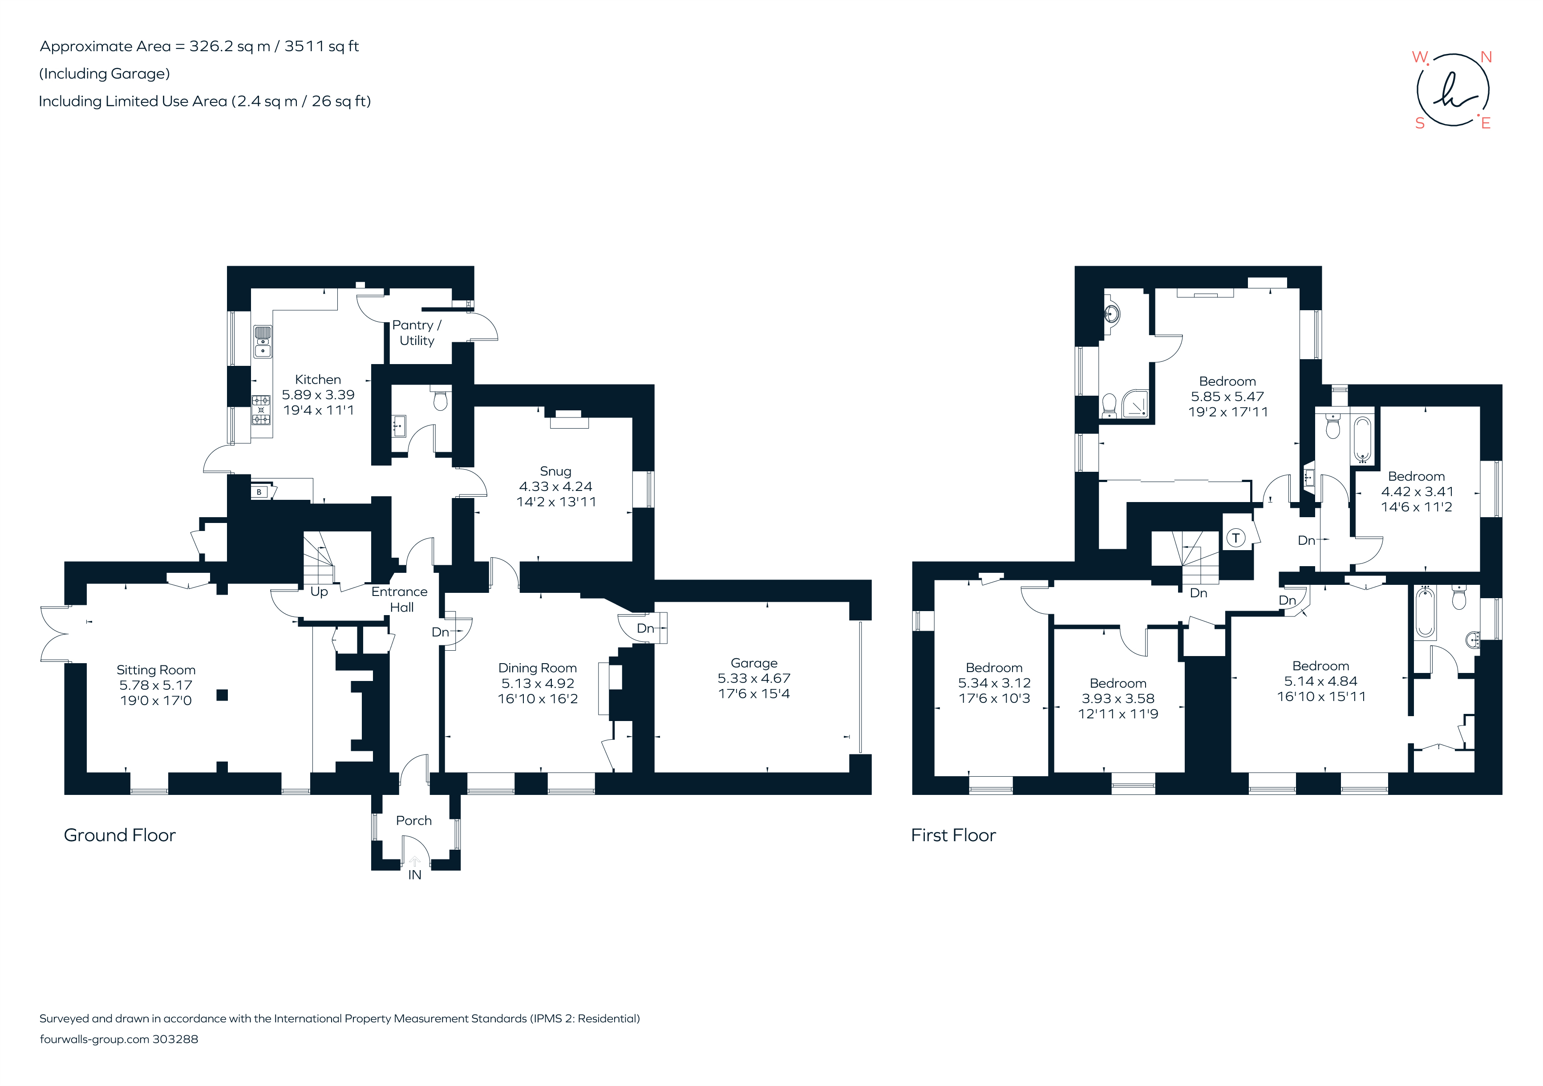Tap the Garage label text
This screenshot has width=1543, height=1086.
click(x=753, y=663)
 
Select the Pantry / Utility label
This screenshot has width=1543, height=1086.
click(x=417, y=332)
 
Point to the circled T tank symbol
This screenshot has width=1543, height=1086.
click(x=1235, y=538)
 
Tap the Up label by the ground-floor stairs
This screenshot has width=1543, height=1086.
click(x=319, y=592)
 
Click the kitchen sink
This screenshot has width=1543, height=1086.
click(x=263, y=341)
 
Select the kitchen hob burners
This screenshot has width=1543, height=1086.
click(x=261, y=410)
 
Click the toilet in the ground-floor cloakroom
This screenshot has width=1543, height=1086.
click(x=440, y=401)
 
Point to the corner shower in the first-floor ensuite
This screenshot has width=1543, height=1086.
click(x=1135, y=405)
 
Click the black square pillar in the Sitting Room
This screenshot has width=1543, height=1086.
click(x=223, y=695)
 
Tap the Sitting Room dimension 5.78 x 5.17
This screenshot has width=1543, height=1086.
click(x=156, y=685)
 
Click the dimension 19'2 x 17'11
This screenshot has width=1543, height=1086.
click(x=1228, y=412)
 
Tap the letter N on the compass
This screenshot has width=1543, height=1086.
click(x=1486, y=58)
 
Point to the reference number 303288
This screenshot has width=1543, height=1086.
click(x=175, y=1039)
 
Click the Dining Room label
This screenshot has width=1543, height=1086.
click(x=537, y=668)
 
